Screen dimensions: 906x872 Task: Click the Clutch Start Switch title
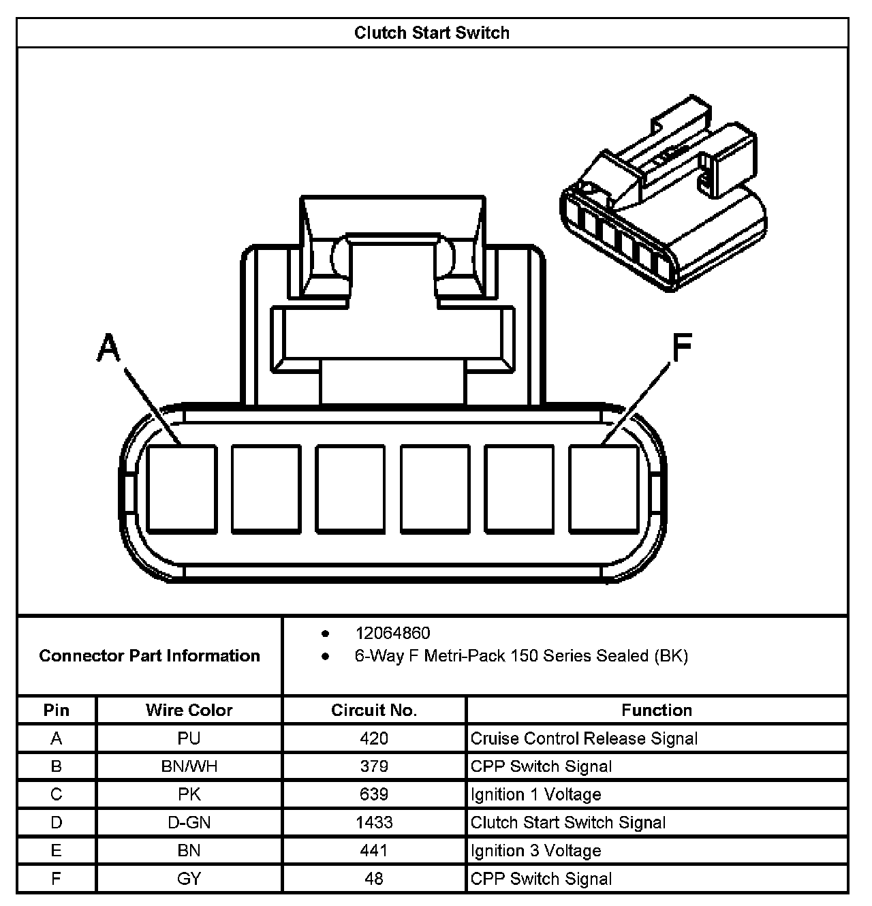(431, 33)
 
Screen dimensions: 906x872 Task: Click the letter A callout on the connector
(109, 347)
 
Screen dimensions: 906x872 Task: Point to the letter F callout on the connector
(681, 349)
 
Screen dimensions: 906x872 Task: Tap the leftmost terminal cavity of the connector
(182, 488)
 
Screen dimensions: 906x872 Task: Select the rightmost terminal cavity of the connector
(604, 488)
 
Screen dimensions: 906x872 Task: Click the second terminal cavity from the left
(266, 488)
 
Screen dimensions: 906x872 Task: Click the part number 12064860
(392, 633)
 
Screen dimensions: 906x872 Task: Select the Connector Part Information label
(149, 655)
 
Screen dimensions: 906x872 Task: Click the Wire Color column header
(189, 710)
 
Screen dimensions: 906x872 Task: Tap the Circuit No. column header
(374, 710)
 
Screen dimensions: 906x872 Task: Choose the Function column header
(657, 710)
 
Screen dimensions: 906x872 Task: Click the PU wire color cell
(189, 738)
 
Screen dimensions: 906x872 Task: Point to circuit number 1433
(374, 822)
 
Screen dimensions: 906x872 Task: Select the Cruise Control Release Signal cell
(584, 738)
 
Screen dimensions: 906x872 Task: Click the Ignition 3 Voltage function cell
(536, 851)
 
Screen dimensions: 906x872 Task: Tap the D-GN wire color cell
(189, 822)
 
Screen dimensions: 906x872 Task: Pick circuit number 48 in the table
(374, 879)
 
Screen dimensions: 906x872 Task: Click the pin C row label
(57, 794)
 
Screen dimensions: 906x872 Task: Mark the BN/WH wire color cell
(189, 766)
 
